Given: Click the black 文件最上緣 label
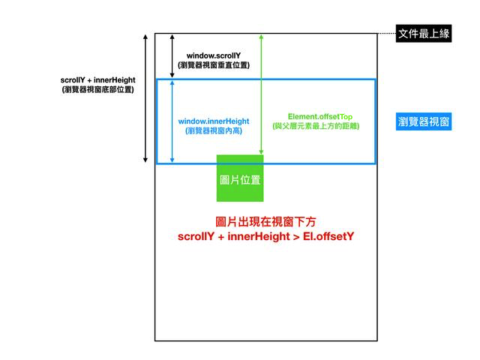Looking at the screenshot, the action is tap(424, 34).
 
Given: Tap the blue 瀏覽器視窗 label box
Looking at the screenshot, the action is tap(424, 121).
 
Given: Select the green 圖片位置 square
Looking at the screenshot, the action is tap(240, 178).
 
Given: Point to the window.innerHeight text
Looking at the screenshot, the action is tap(214, 121).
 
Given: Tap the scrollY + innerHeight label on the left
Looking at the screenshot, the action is tap(98, 79).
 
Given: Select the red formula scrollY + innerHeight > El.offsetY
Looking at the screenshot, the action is tap(265, 237).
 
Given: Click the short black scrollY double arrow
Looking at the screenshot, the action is tap(172, 55).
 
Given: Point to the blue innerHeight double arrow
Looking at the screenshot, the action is tap(172, 121).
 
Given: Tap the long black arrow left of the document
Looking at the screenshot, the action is tap(146, 98).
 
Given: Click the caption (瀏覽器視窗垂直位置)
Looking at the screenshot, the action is tap(214, 66).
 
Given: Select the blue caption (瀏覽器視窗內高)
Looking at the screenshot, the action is tap(214, 131).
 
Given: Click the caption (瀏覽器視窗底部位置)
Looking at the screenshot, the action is tap(98, 89).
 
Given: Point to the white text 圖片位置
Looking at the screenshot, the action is tap(240, 181).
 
